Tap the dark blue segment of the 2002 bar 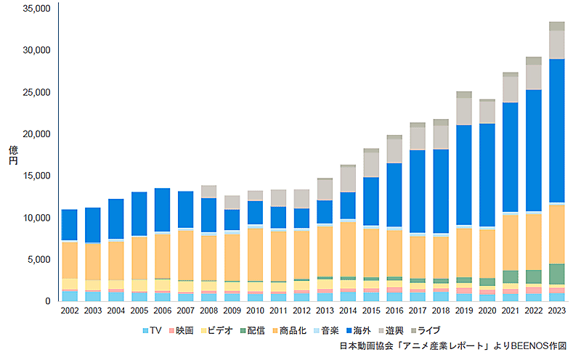click(x=70, y=225)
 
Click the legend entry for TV click(x=150, y=330)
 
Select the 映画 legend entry click(x=182, y=330)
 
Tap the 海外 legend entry click(x=357, y=330)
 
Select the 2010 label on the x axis click(x=256, y=311)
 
